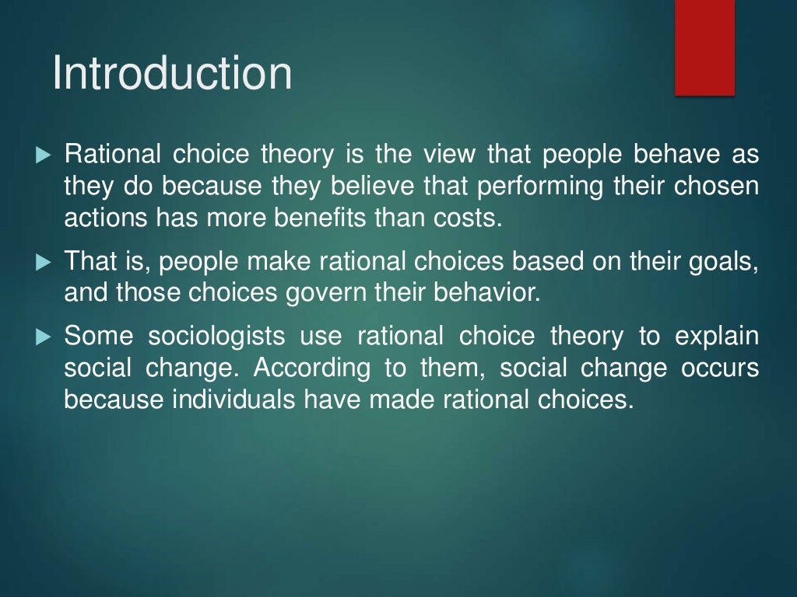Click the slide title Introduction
click(172, 73)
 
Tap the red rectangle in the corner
click(704, 48)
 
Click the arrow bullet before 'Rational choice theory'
click(42, 155)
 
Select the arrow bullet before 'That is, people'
click(42, 263)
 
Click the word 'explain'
click(716, 337)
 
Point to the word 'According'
click(312, 368)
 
